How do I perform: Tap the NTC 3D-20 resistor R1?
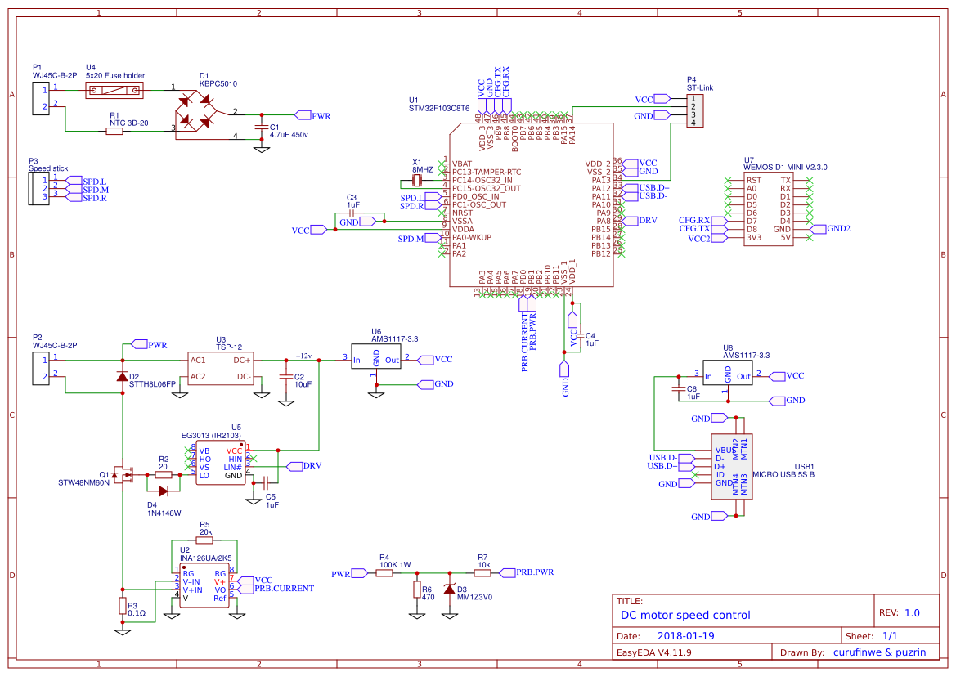114,131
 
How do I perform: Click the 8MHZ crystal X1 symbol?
416,180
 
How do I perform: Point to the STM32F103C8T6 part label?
439,108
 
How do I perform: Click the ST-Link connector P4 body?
693,110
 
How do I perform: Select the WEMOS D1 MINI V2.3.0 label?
785,167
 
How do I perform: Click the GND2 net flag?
838,229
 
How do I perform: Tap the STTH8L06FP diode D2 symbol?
123,376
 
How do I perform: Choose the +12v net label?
303,356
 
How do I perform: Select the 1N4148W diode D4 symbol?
164,491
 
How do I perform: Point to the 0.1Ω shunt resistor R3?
123,606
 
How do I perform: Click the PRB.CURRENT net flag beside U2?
283,589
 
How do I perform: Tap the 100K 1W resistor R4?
384,574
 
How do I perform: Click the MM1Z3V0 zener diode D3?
449,590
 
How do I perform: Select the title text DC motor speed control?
685,616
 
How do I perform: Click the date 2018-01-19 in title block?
686,635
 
